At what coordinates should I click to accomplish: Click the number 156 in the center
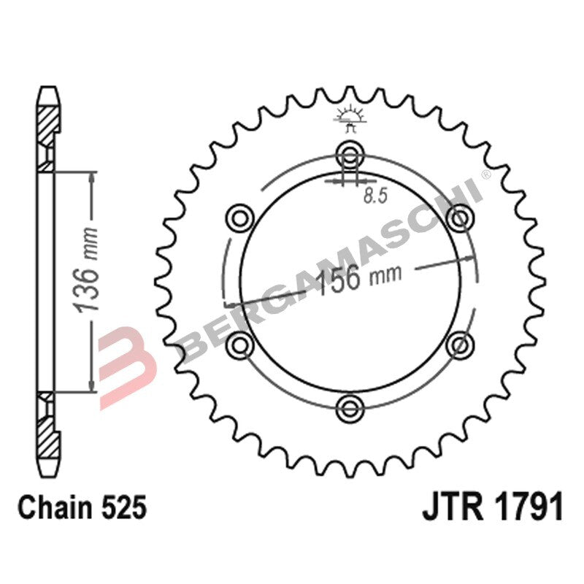click(x=342, y=279)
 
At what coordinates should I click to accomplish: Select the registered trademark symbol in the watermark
click(x=485, y=175)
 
